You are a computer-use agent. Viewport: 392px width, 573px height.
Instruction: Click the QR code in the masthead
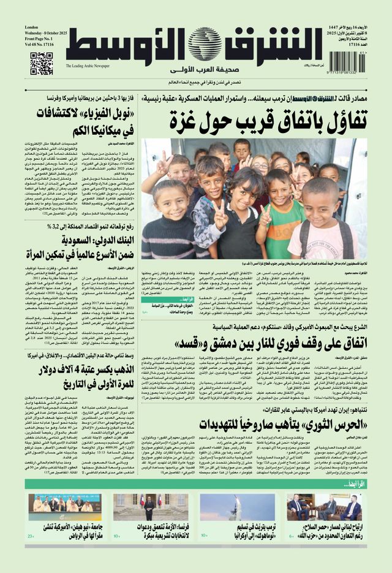click(x=42, y=64)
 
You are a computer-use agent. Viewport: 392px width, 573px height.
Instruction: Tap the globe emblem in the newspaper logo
click(x=205, y=45)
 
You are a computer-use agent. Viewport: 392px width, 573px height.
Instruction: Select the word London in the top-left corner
click(x=32, y=28)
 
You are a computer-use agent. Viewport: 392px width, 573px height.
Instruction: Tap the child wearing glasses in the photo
click(x=260, y=164)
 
